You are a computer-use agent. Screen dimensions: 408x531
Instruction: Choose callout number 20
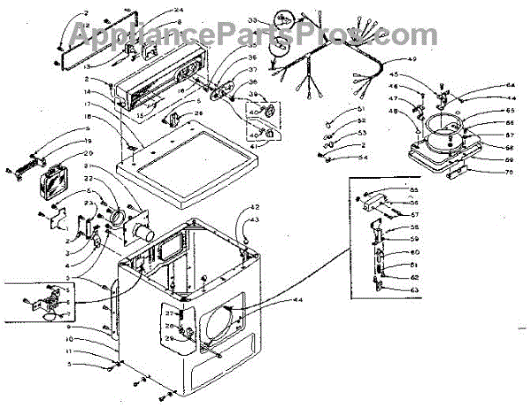click(x=88, y=153)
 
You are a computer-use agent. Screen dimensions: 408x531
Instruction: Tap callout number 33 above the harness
click(x=252, y=19)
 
